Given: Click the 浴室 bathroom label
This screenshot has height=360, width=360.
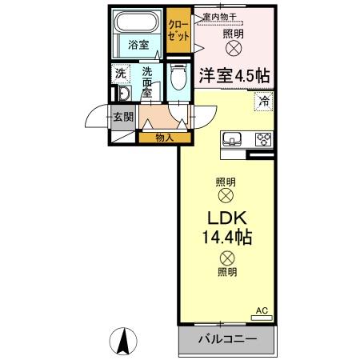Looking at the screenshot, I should click(138, 45).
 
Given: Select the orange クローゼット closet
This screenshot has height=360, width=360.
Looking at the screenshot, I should click(178, 31).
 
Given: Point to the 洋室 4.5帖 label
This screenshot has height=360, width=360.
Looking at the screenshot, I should click(234, 74).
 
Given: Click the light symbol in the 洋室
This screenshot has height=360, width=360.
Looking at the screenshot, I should click(234, 49).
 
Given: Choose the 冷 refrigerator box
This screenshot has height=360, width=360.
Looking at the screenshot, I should click(263, 101).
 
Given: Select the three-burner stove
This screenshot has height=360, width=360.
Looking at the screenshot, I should click(263, 138).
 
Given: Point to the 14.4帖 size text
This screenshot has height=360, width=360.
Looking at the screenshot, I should click(227, 238).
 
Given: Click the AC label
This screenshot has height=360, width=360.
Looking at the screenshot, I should click(262, 310).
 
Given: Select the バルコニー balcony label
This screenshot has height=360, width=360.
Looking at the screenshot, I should click(227, 339).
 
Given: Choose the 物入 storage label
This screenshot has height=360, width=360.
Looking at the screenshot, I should click(164, 138).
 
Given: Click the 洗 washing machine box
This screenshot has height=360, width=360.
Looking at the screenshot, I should click(120, 75).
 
